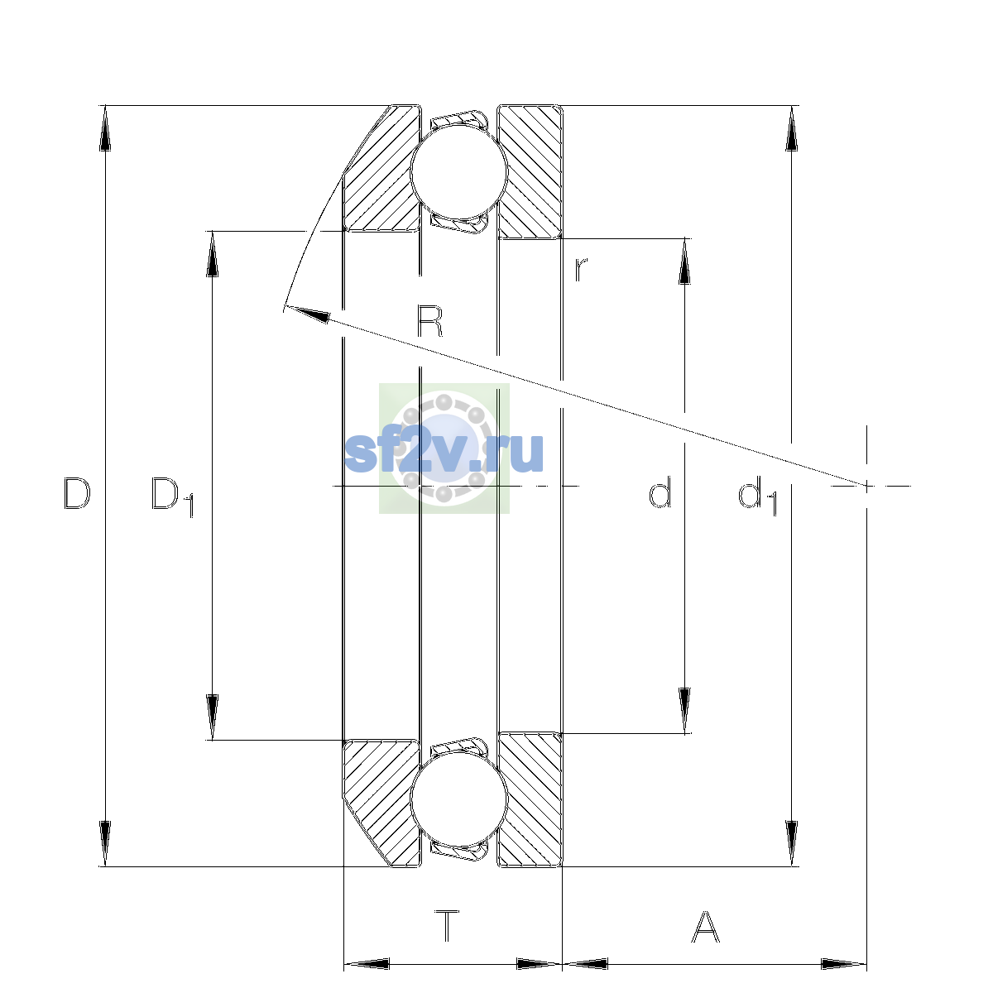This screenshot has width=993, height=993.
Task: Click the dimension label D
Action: [77, 493]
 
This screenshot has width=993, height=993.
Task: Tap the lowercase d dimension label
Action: [660, 492]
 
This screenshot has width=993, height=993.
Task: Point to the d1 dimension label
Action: [757, 496]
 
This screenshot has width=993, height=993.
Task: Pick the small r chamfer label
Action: [581, 270]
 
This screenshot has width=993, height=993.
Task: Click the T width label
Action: [447, 926]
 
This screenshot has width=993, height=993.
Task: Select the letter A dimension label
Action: [705, 926]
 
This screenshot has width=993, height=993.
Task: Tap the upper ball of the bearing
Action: [459, 171]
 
